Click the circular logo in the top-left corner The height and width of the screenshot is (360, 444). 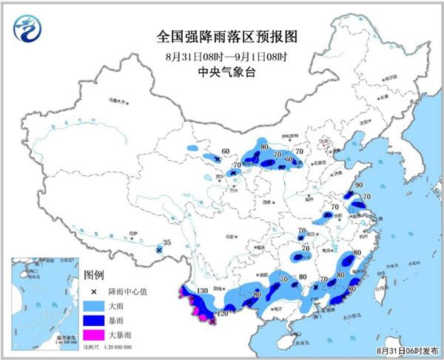point(28,27)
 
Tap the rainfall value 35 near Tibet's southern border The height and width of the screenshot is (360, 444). point(166,242)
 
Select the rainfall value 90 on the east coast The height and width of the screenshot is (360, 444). point(359,186)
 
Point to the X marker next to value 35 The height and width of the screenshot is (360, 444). point(159,251)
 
